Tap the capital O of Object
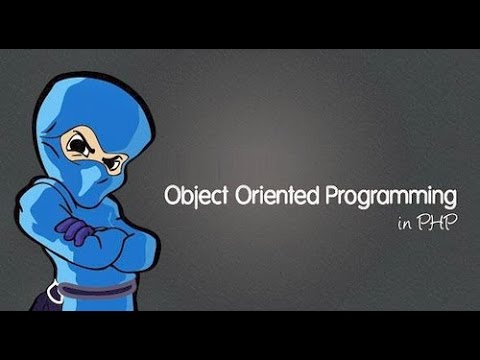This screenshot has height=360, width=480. point(171,196)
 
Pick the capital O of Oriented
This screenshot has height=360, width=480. point(241,196)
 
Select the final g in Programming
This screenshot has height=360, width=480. point(450,200)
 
